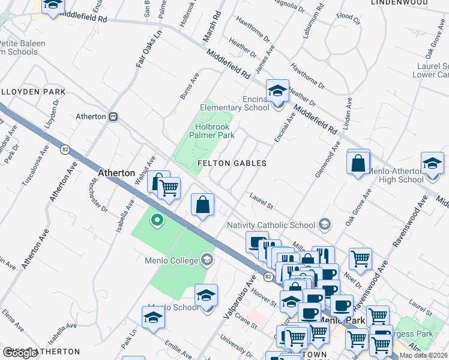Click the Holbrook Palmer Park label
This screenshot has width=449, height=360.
pos(212,131)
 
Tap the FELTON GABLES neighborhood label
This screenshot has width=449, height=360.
pos(232,163)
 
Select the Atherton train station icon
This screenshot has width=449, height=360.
pos(113,116)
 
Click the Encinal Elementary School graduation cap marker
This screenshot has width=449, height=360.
pos(277,91)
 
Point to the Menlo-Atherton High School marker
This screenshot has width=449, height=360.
pos(432,164)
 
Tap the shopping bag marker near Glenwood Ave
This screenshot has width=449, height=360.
pos(358,163)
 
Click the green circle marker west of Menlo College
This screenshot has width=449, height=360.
pos(157,220)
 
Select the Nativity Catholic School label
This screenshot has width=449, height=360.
pos(271,225)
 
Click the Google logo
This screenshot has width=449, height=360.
pos(20,353)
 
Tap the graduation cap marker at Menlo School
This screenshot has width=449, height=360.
pos(206,296)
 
